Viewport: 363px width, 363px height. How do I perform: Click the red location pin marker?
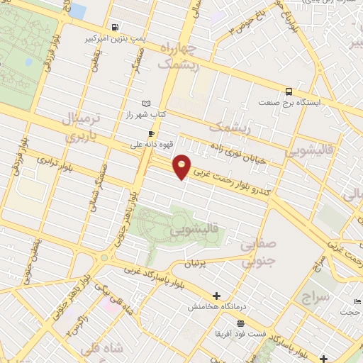182,166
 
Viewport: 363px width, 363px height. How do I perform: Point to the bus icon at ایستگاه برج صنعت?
288,91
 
